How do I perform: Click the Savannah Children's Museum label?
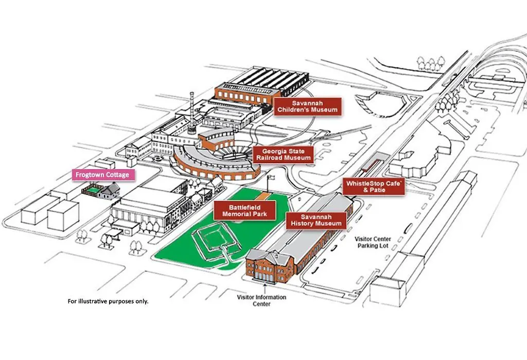(x=308, y=106)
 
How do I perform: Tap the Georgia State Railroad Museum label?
(x=284, y=154)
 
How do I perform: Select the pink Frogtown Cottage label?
(x=103, y=175)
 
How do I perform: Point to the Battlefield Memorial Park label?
(x=244, y=210)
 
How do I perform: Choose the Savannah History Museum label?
(x=317, y=220)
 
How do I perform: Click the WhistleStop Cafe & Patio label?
(x=374, y=187)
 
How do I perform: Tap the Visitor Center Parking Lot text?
(x=373, y=242)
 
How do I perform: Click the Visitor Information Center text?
(x=261, y=300)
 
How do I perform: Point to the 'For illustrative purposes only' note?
(x=108, y=301)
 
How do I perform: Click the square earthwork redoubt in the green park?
(x=217, y=240)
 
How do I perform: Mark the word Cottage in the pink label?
(x=118, y=175)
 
